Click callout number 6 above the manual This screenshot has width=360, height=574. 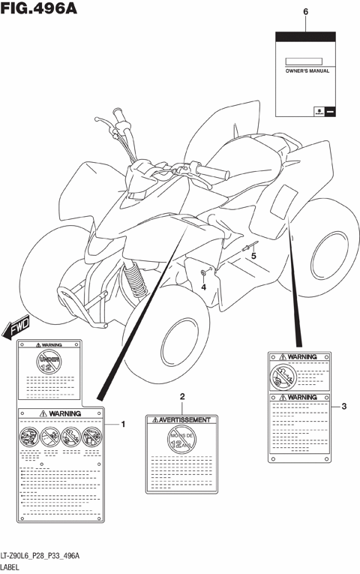[305, 12]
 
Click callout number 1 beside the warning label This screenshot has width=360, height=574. [124, 425]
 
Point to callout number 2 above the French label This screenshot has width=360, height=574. [181, 396]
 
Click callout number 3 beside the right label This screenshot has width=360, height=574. [343, 407]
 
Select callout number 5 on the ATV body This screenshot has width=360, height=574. [253, 256]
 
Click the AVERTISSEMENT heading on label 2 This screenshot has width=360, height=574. [183, 420]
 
